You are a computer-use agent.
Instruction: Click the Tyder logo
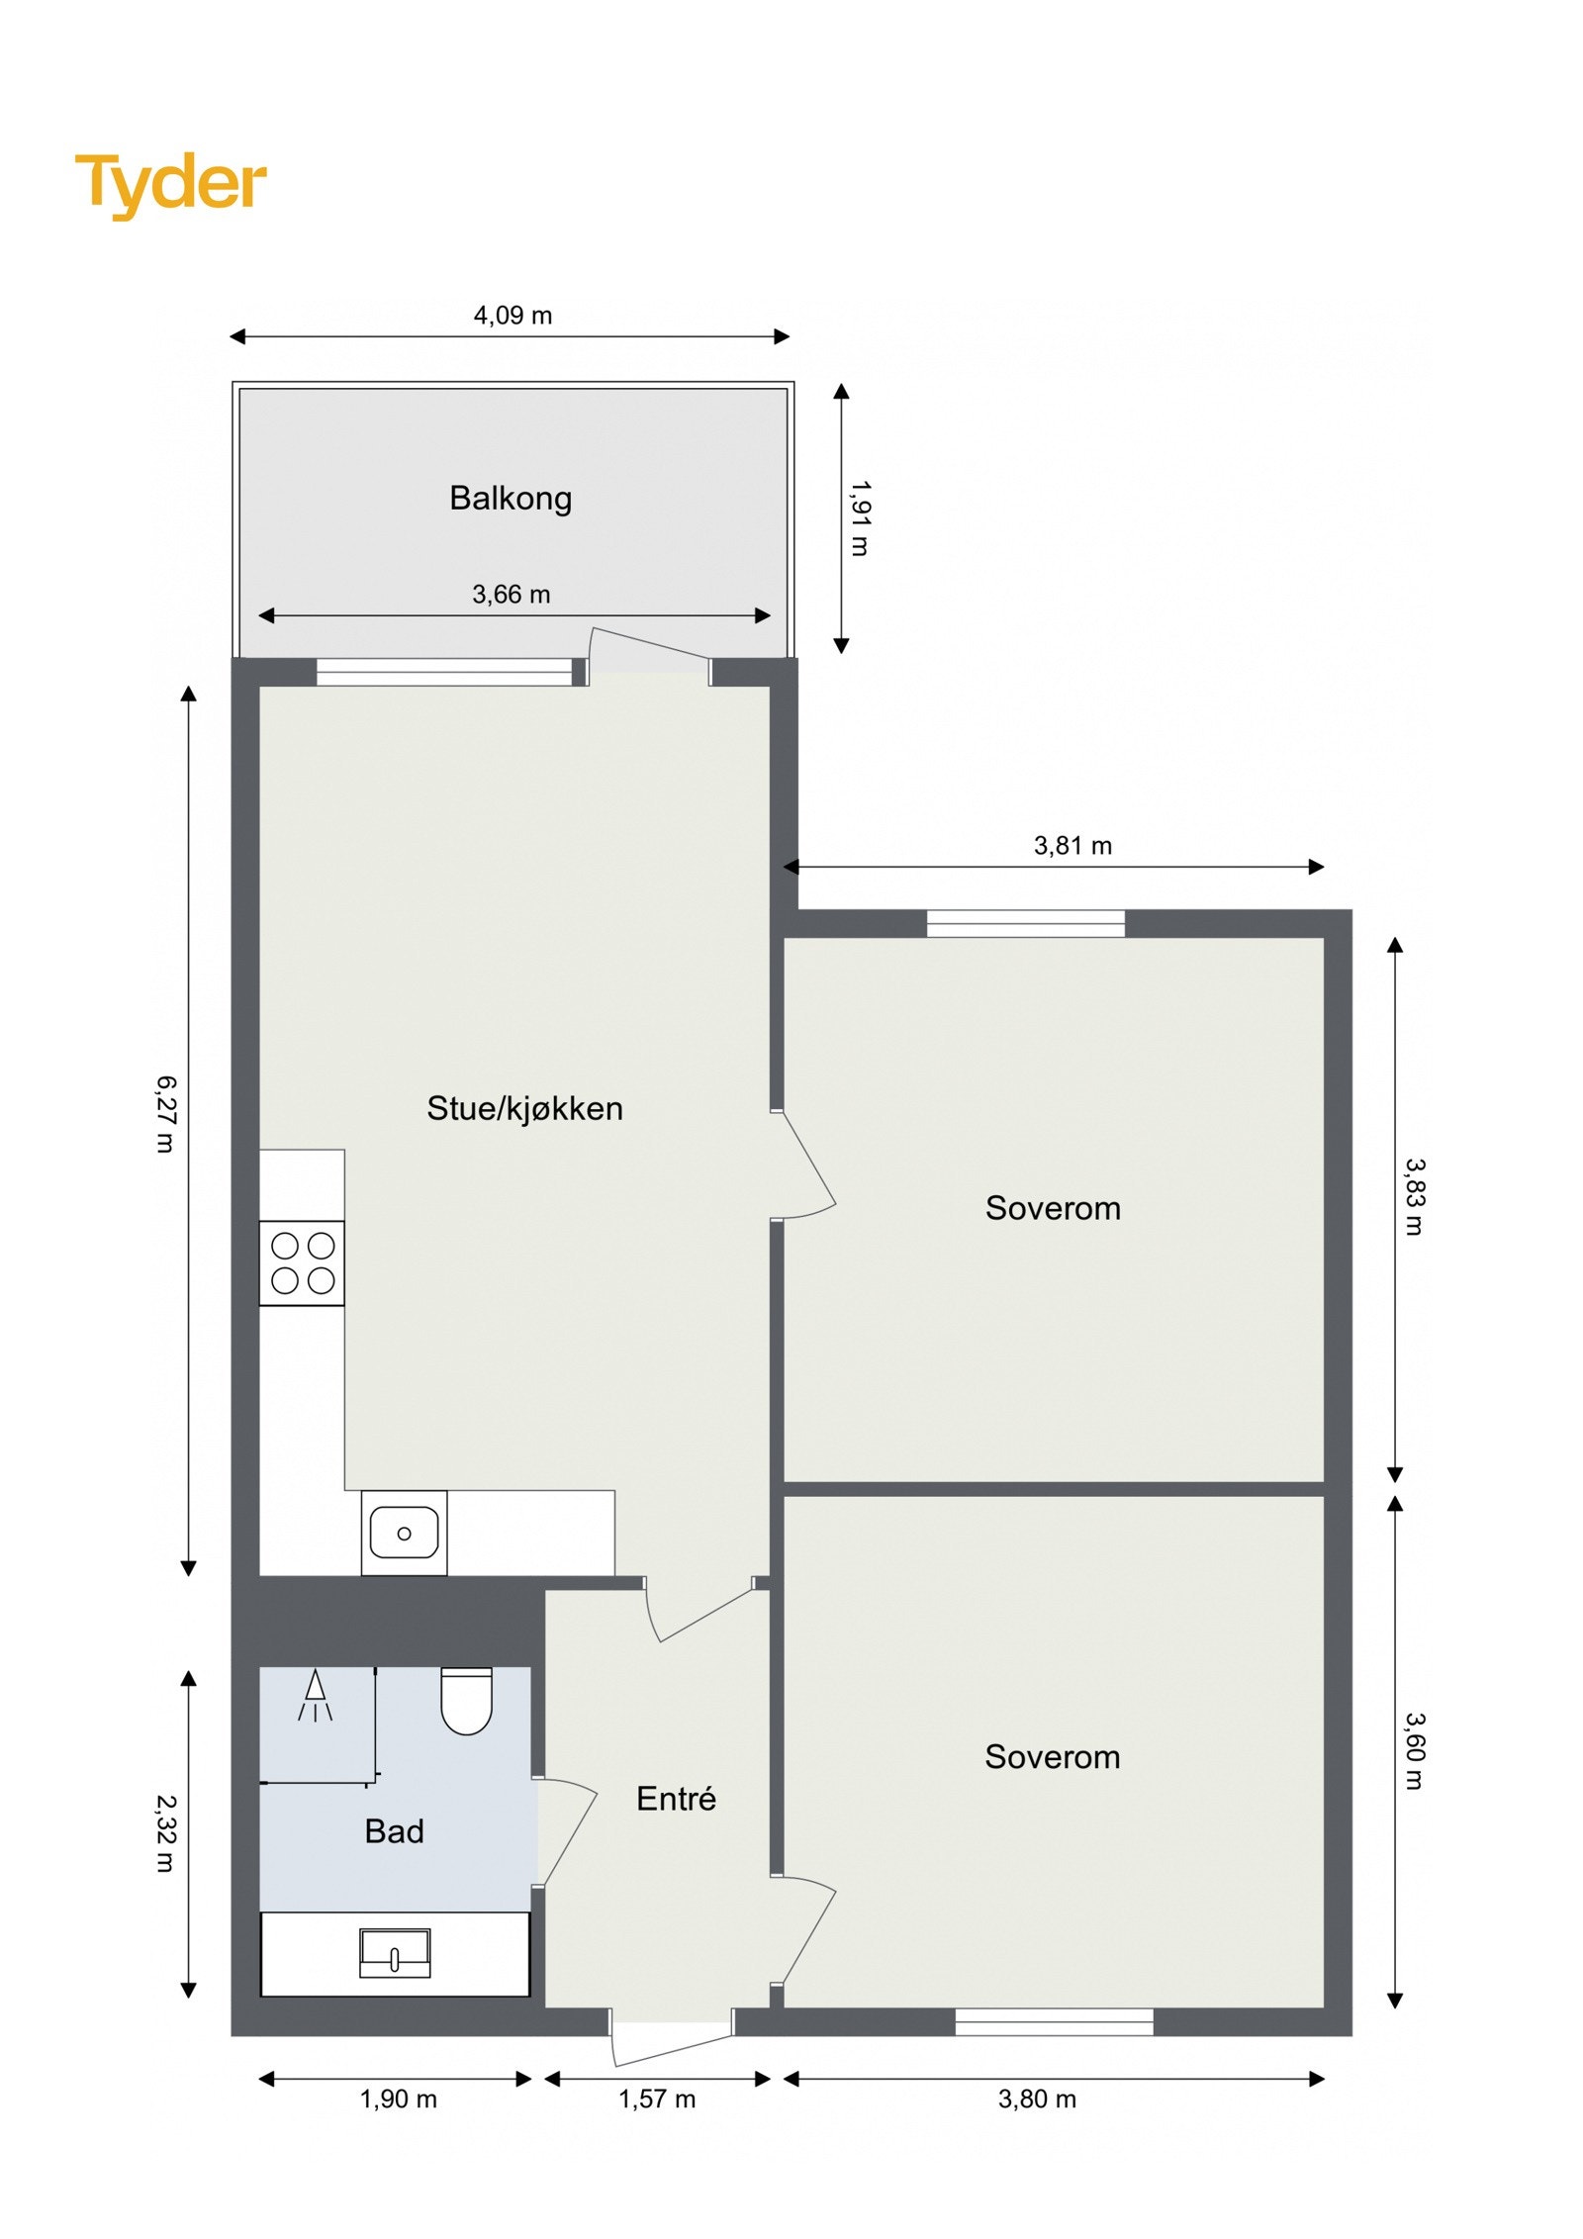170,184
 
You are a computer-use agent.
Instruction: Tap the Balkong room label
511,498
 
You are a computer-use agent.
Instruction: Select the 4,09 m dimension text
512,316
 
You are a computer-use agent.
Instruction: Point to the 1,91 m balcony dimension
860,518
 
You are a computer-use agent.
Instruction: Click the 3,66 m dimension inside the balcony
511,595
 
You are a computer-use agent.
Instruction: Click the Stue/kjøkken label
524,1108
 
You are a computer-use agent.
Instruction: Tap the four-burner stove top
302,1263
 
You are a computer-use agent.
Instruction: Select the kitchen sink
404,1534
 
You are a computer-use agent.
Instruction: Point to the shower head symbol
315,1695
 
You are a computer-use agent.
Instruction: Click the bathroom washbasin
394,1953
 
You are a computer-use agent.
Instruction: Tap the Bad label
394,1831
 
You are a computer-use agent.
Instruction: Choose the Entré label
676,1798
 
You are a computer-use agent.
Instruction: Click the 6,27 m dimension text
165,1114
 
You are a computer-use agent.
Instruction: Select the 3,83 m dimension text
1414,1197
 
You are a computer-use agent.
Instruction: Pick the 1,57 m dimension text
657,2099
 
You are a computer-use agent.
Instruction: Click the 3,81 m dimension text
1072,846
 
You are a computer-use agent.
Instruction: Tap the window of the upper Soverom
1025,924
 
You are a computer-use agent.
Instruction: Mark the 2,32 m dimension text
165,1833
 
